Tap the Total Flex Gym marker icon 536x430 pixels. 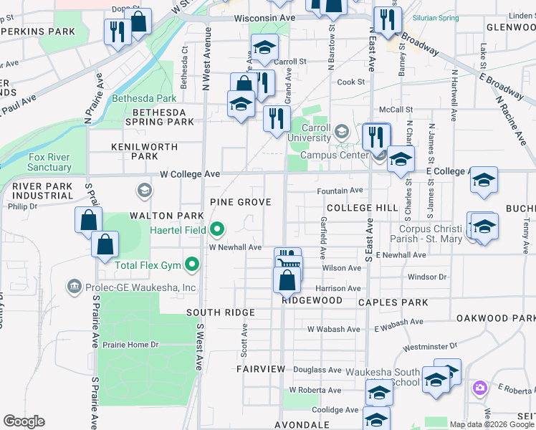191,266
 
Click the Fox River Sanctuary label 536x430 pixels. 49,162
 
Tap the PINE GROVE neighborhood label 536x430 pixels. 240,203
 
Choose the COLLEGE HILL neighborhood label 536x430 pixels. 362,208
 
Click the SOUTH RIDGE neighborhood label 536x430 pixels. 220,313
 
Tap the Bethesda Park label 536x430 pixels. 143,98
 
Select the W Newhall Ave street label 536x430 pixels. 235,247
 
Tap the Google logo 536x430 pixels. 24,421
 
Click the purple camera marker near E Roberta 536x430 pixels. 479,388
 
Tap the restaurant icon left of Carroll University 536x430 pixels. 277,118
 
